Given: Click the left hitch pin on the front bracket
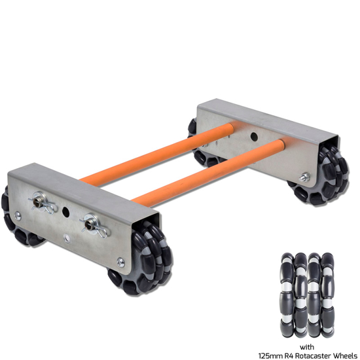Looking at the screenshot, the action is (x=43, y=203).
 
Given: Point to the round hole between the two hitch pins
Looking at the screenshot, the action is (x=66, y=211).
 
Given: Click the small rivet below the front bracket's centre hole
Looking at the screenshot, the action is (x=67, y=238).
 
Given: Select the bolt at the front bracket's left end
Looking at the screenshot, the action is (x=18, y=215).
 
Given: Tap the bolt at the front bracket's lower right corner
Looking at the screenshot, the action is (x=120, y=262).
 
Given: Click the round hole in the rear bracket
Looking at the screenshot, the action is (x=254, y=136).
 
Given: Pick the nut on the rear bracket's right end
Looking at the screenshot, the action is (x=305, y=177).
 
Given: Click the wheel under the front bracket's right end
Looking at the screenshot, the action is (x=142, y=259).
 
